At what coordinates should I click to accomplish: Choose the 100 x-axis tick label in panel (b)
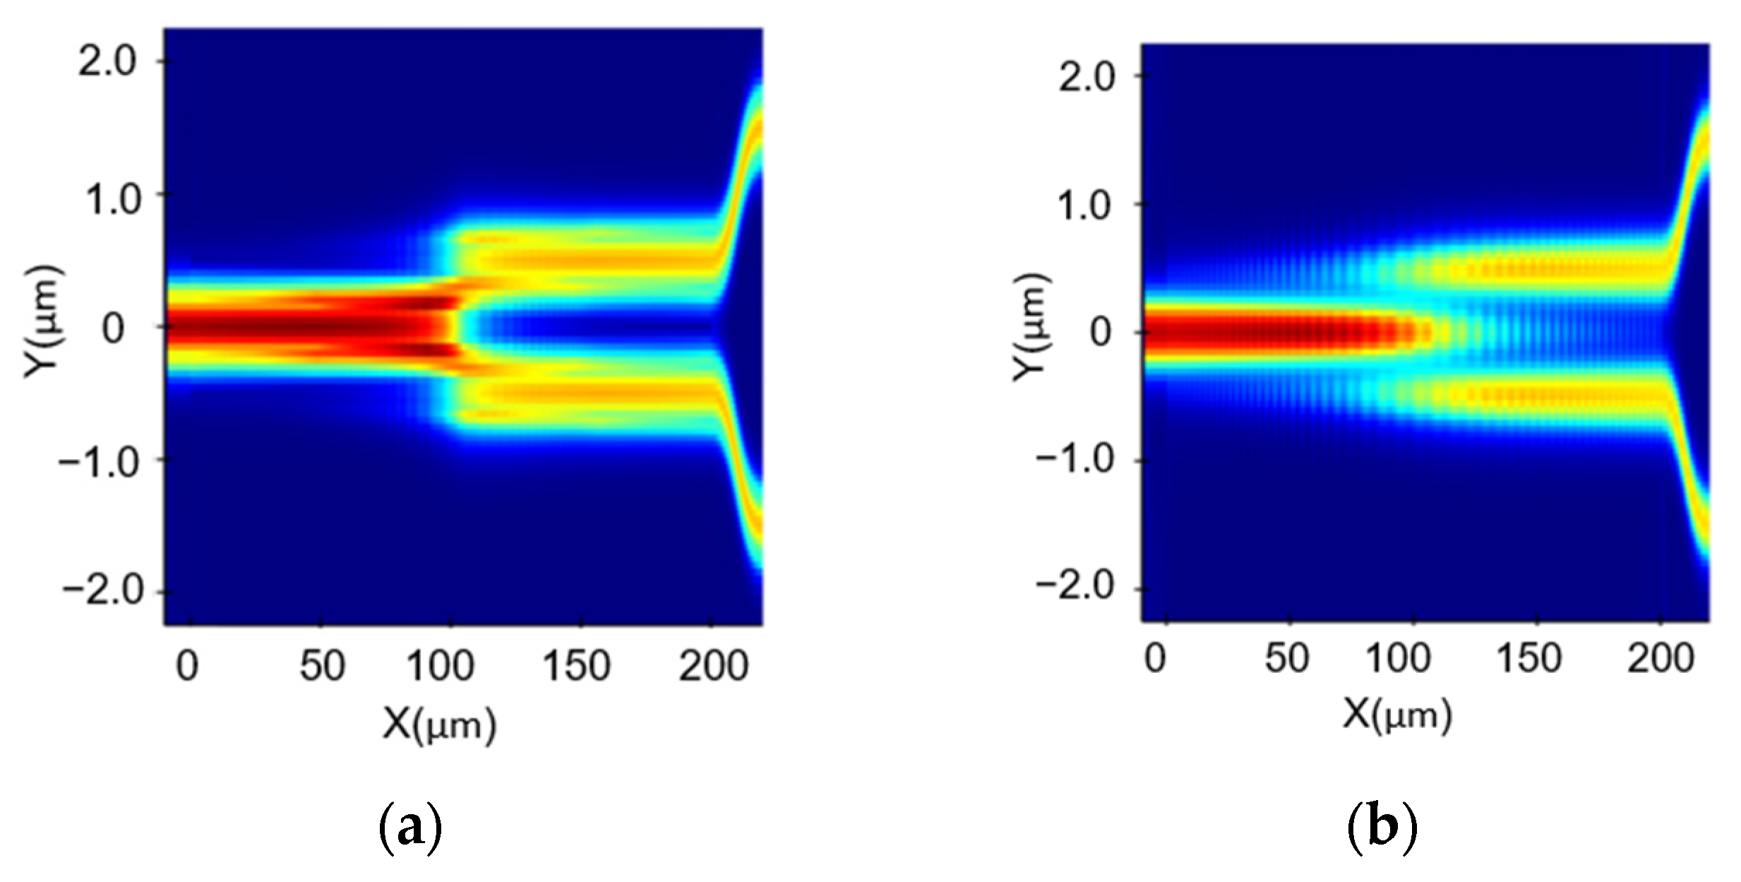click(x=1398, y=659)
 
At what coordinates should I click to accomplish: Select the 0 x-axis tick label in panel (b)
click(x=1156, y=659)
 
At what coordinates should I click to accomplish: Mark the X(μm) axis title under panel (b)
click(x=1396, y=716)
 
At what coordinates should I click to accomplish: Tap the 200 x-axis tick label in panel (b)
click(x=1661, y=659)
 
